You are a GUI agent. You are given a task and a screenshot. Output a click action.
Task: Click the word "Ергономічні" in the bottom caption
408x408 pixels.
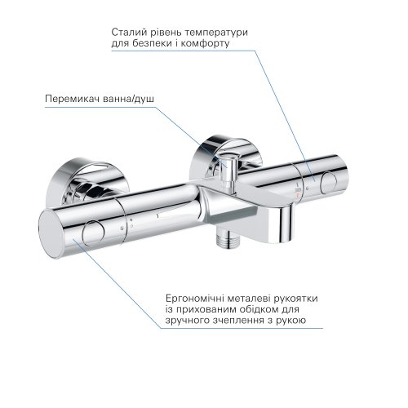coord(187,298)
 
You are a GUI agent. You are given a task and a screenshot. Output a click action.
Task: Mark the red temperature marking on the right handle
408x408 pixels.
coord(299,193)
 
